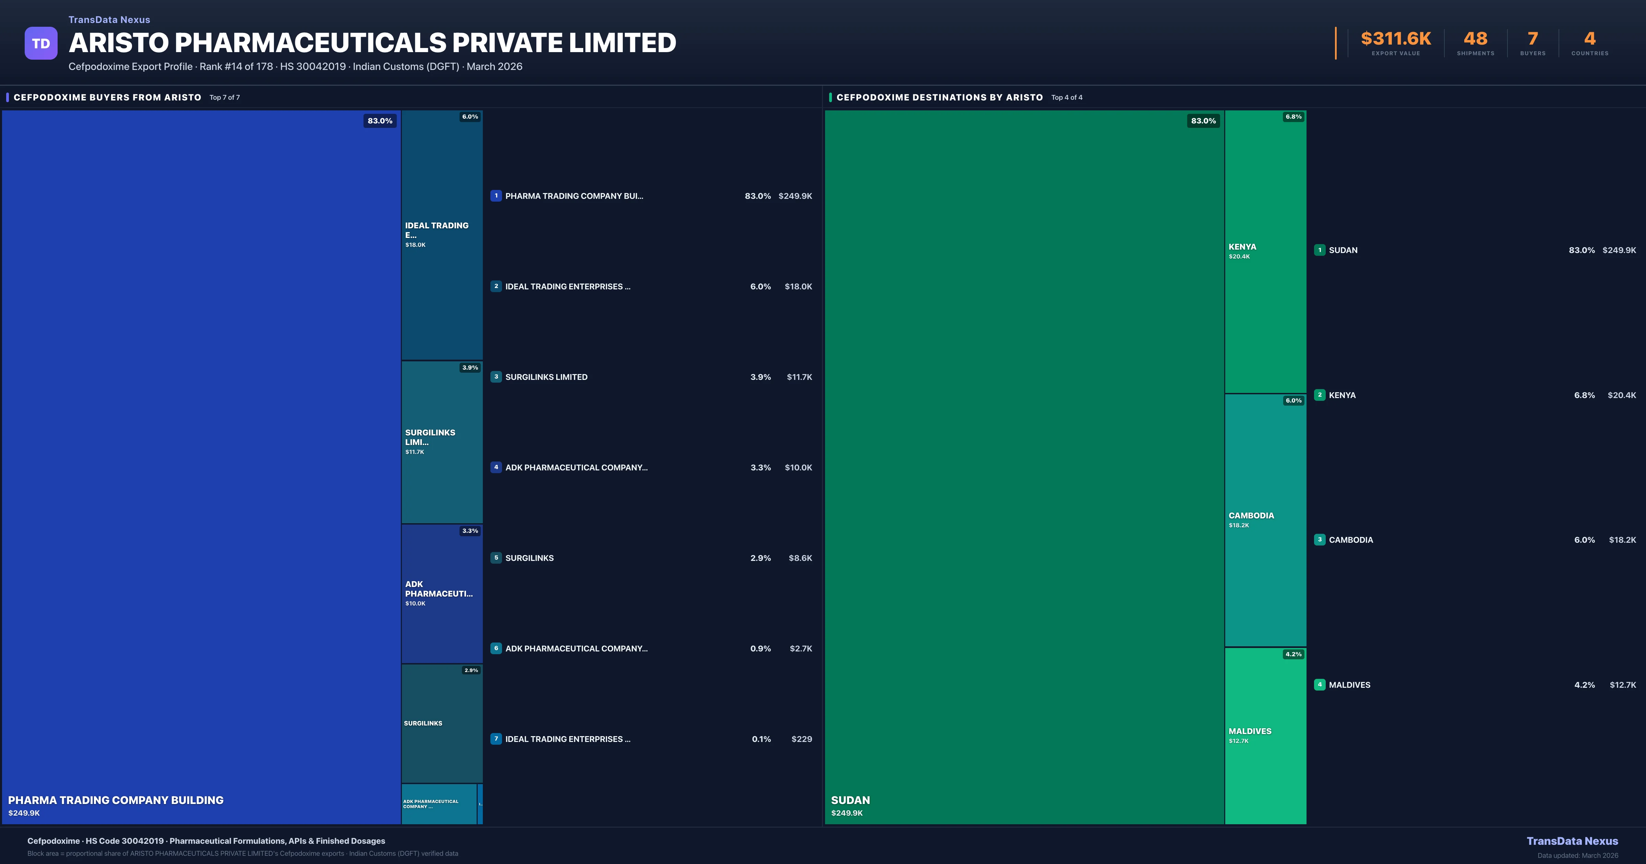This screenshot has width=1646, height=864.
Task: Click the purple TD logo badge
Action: point(41,44)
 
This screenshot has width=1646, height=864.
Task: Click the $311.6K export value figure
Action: point(1396,39)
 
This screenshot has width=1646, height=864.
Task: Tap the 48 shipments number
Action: point(1475,39)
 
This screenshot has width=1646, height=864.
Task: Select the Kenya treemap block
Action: point(1265,251)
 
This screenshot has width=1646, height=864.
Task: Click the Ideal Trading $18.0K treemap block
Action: point(442,235)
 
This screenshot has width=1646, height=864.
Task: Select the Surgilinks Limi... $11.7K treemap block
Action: point(442,442)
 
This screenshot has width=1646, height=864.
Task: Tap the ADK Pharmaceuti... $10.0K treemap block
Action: point(442,593)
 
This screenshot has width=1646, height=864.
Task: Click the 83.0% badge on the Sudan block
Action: point(1203,121)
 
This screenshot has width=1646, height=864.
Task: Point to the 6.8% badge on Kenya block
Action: point(1293,117)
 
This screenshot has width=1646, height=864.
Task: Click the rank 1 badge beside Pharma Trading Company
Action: point(496,196)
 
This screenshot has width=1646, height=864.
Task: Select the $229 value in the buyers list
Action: point(801,739)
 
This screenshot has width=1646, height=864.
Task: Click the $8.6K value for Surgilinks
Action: point(800,558)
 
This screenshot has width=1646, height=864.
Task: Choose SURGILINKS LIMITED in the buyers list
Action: point(546,377)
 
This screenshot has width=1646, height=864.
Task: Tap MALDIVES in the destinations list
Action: point(1349,684)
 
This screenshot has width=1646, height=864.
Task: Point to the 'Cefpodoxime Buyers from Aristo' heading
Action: point(107,97)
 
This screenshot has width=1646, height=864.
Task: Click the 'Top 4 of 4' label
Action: point(1066,98)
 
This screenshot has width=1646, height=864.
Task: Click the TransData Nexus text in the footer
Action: point(1572,841)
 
